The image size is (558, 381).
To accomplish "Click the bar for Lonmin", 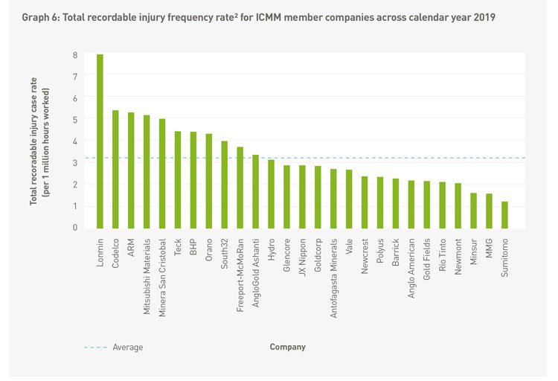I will point(100,141).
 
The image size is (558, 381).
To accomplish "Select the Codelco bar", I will point(115,169).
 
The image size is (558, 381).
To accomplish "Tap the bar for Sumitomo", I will point(504,214).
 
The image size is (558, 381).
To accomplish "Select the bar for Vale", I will point(349,199).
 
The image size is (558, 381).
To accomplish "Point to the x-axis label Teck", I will point(178,247).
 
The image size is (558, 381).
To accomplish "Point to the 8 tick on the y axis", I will point(74,55).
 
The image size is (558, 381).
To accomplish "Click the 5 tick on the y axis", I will point(74,120).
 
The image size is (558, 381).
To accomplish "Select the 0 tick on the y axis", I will point(74,228).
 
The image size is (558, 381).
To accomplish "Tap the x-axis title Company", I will point(287,347).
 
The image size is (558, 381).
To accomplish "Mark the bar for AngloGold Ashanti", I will point(255,191).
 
